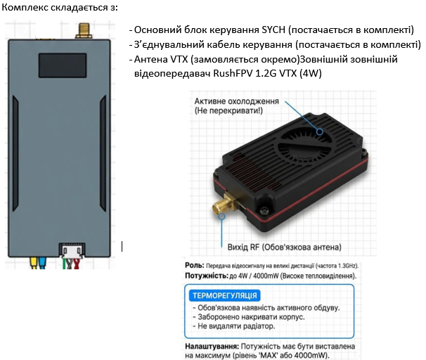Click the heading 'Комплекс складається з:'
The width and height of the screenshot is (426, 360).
click(60, 7)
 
